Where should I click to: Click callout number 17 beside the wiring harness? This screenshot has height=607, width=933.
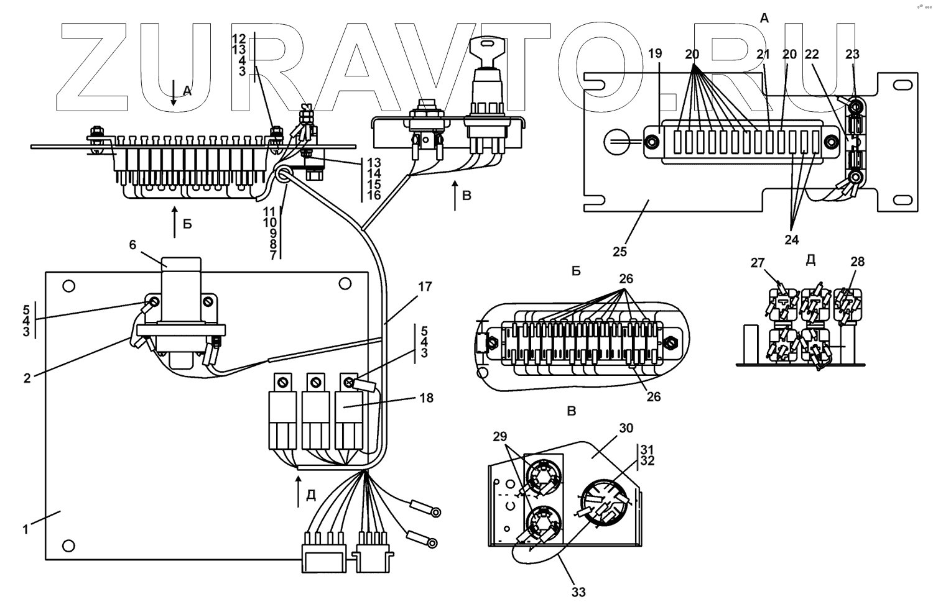425,287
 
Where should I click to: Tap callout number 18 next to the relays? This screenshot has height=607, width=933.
426,398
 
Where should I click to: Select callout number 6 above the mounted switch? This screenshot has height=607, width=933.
132,245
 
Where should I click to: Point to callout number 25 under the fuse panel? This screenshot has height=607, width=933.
620,252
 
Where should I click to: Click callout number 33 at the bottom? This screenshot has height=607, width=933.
578,592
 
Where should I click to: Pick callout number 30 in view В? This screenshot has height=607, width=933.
626,428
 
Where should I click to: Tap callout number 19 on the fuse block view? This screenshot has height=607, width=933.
655,55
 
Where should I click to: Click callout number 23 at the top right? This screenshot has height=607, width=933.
852,55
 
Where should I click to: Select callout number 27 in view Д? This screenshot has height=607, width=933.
757,263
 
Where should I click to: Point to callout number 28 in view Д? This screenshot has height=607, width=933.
857,262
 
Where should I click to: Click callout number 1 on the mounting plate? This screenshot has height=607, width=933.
26,530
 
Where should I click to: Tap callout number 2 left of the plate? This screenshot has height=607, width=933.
27,378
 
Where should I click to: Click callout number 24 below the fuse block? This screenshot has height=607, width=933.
791,239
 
